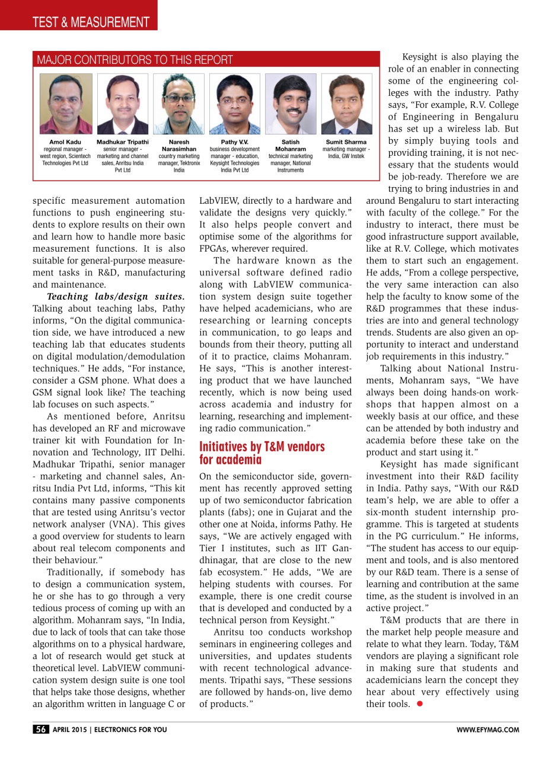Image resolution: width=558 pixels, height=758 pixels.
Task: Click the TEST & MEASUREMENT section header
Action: coord(82,23)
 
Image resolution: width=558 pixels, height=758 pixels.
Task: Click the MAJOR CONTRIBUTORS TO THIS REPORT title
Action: coord(135,60)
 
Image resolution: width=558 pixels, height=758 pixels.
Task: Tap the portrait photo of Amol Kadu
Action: coord(65,104)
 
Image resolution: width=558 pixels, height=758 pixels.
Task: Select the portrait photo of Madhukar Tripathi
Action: coord(122,104)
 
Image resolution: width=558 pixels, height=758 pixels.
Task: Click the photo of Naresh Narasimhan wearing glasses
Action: coord(178,104)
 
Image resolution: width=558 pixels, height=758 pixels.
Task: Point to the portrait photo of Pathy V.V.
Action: coord(235,104)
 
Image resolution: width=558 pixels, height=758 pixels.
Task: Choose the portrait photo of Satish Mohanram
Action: coord(291,104)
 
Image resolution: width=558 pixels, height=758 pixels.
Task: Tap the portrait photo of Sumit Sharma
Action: coord(346,104)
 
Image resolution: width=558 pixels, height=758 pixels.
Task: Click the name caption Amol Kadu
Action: coord(65,142)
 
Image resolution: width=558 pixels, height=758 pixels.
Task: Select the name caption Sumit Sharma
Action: coord(346,142)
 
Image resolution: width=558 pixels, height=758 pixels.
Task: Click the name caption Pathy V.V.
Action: coord(235,142)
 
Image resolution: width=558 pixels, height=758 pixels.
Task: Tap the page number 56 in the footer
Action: coord(41,730)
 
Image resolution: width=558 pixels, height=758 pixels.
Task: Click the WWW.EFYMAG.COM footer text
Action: coord(487,730)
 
